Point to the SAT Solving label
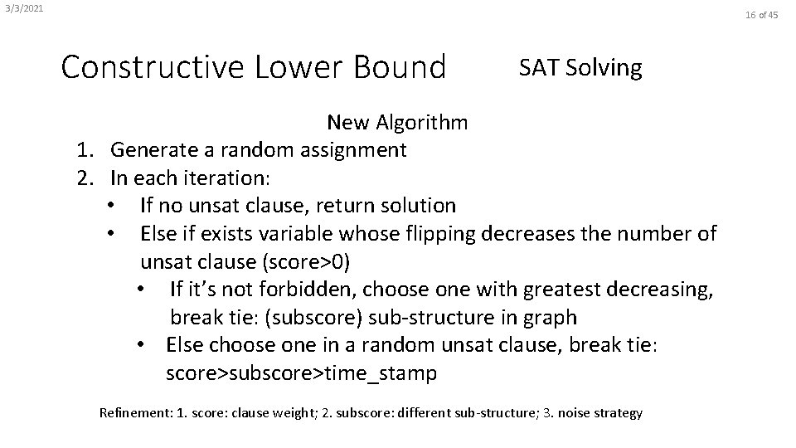580,67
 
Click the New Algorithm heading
397,123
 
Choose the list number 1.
84,150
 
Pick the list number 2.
84,178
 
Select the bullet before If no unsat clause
111,206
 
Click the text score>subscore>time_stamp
301,373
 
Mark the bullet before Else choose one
143,345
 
